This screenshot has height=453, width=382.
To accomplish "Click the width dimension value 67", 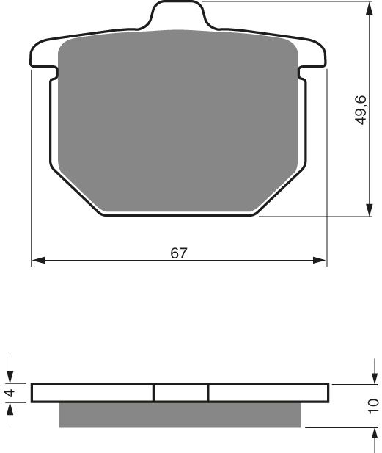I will tap(179, 253).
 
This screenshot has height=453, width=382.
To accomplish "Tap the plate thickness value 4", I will tap(10, 393).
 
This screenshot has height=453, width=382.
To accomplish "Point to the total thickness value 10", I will tap(373, 405).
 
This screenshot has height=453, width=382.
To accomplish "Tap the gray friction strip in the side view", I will tap(180, 414).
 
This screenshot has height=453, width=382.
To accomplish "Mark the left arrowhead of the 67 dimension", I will tap(37, 261).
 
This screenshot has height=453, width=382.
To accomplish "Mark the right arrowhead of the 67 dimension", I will tap(320, 261).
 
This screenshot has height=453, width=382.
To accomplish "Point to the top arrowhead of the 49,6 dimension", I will tap(366, 7).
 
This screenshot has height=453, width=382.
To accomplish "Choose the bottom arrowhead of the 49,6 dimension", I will tap(366, 211).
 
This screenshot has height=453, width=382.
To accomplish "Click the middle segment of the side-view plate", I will tap(181, 393).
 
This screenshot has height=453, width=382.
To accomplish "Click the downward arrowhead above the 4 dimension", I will tap(10, 377).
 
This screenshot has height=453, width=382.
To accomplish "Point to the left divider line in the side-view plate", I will tap(153, 393).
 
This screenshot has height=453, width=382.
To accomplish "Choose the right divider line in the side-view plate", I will tap(209, 393).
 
